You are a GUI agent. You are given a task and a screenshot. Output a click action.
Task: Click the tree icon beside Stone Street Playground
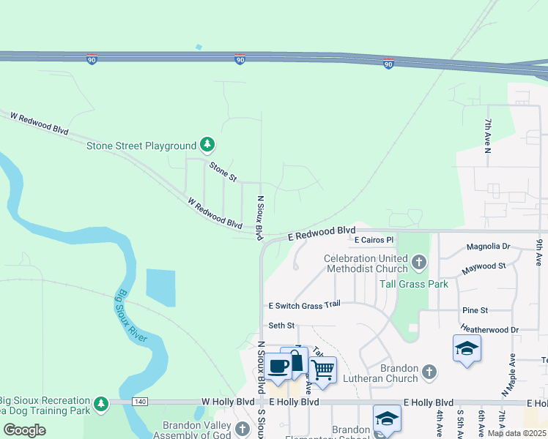208,145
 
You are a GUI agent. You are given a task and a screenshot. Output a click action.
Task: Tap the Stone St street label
223,172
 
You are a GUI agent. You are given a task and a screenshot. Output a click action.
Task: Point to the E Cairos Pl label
374,239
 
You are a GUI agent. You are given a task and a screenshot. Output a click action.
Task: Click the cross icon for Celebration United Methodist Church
418,261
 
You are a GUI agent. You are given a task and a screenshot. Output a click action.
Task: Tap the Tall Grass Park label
413,284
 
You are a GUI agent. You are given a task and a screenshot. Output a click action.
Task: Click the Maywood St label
484,269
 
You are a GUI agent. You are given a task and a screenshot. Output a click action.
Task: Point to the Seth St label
281,326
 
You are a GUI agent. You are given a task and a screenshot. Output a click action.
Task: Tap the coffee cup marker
278,366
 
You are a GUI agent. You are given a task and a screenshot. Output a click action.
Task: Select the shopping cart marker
322,369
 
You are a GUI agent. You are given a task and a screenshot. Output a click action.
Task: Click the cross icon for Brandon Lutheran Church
429,373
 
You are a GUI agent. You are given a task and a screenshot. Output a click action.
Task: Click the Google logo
25,430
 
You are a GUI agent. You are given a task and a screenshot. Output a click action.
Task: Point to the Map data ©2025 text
516,433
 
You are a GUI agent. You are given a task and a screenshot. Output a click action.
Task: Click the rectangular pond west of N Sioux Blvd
160,288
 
